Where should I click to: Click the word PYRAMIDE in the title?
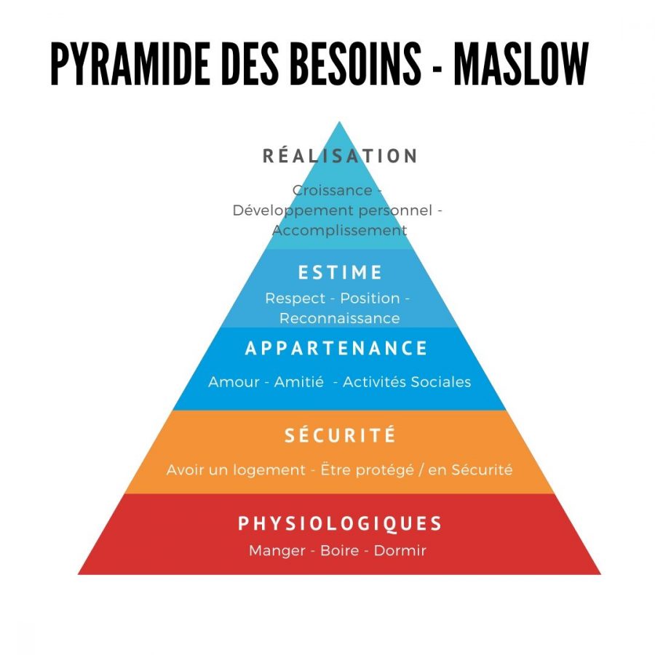(130, 64)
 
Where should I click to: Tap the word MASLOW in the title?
(521, 64)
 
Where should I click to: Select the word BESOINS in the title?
(355, 64)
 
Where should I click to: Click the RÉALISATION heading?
(340, 156)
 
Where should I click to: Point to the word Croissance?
(332, 191)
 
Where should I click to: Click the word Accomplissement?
(340, 231)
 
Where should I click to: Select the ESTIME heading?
(340, 272)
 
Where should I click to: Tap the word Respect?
(295, 298)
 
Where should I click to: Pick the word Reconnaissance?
(340, 318)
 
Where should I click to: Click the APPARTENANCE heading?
(336, 349)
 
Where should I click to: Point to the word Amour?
(234, 382)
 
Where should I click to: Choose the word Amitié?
(298, 382)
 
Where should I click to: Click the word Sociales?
(441, 382)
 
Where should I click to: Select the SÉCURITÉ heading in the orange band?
(340, 435)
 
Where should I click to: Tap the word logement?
(269, 470)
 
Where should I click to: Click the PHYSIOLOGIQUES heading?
(340, 524)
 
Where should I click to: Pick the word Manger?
(277, 551)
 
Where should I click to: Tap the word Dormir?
(400, 551)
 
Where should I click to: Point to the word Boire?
(340, 551)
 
